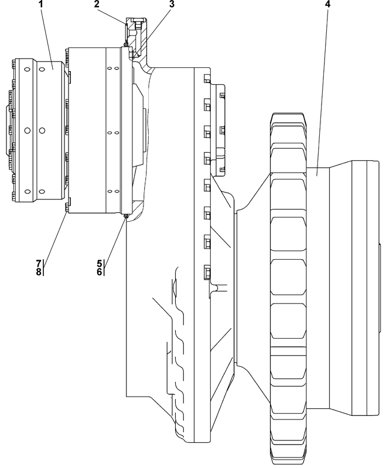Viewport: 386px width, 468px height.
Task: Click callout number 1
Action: click(41, 4)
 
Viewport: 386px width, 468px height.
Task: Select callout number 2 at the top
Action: click(97, 4)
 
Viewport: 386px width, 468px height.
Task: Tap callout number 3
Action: click(172, 4)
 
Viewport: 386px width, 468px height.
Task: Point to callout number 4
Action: click(328, 4)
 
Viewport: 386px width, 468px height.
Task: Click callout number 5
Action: click(99, 263)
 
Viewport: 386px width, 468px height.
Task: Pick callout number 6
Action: click(99, 271)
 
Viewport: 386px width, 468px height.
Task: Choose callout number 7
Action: click(39, 263)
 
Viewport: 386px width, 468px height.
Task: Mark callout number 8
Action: click(39, 272)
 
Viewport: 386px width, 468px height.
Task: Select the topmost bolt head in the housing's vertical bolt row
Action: click(207, 79)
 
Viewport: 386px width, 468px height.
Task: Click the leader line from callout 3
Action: click(153, 32)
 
